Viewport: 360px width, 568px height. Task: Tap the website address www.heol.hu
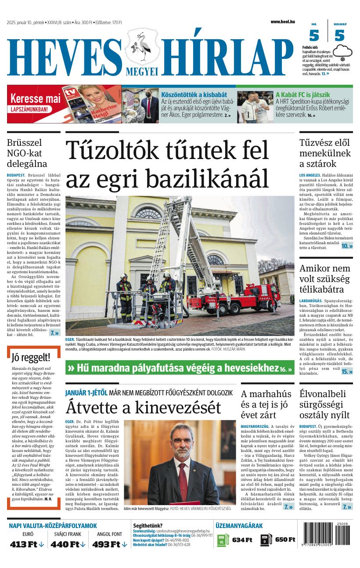[x=283, y=22]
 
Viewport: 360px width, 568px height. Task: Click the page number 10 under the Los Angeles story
[x=347, y=246]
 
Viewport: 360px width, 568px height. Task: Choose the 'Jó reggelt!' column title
[x=31, y=357]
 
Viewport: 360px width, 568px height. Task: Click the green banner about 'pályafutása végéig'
[x=180, y=368]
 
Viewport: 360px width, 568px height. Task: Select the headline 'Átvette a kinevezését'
[x=143, y=407]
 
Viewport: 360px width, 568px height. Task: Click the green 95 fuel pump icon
[x=223, y=539]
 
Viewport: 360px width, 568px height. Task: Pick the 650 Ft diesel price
[x=285, y=539]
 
